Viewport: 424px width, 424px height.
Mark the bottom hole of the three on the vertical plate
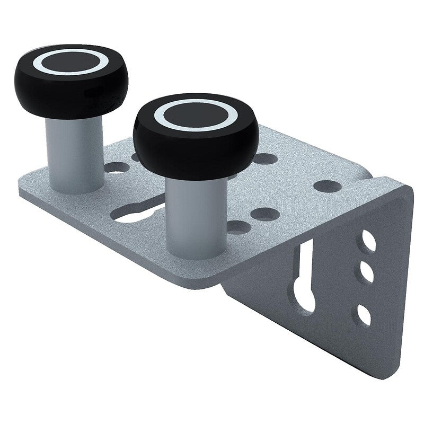364,315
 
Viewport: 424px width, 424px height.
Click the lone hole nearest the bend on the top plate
326,187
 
